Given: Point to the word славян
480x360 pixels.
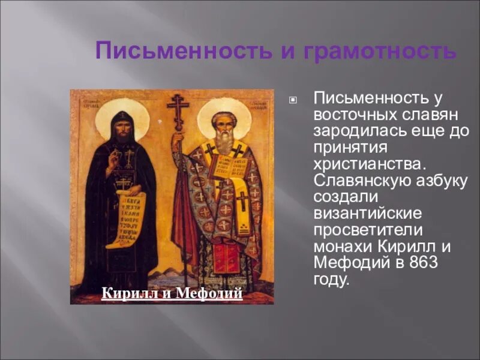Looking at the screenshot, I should [433, 114].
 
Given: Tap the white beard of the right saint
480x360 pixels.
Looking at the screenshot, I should [224, 141].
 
